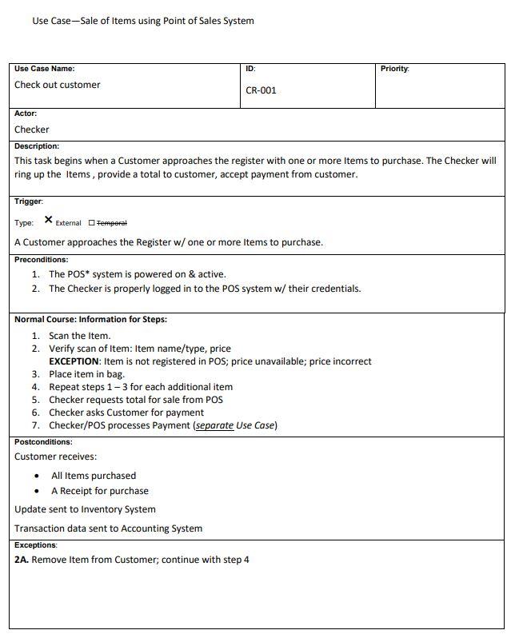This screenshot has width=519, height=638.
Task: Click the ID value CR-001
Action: pos(261,90)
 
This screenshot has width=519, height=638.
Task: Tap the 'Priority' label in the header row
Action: pos(394,69)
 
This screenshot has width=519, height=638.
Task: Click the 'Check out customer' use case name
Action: pos(58,85)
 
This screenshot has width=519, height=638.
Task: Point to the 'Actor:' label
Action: pos(26,114)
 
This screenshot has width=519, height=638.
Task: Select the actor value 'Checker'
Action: pos(32,130)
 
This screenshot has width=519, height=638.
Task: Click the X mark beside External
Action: pos(49,220)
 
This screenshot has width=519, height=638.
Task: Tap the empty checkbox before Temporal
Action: pos(91,223)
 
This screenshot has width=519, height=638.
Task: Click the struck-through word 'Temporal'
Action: pos(112,223)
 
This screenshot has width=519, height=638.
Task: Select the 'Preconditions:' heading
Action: pos(41,259)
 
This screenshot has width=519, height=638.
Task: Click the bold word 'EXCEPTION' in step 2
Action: pos(74,361)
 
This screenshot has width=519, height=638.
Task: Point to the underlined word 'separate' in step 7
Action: pos(214,425)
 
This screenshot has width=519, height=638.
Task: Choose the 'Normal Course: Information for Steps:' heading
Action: pos(90,320)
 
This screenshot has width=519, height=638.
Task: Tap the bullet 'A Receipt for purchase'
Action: pos(100,491)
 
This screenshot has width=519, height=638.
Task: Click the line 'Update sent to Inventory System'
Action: pos(85,509)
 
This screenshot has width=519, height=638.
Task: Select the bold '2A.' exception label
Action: pos(22,560)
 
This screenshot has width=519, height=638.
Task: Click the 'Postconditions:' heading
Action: pos(43,442)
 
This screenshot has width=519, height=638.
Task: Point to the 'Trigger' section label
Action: pos(28,201)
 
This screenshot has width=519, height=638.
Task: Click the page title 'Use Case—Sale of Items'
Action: pos(142,21)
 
